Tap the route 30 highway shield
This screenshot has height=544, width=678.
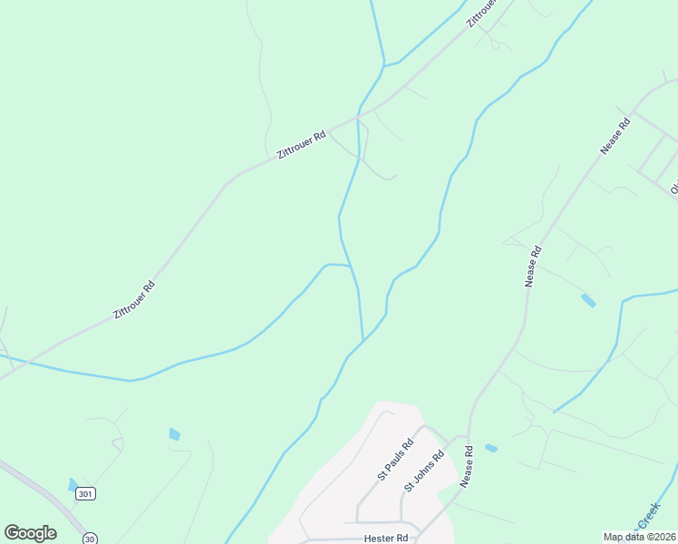click(90, 539)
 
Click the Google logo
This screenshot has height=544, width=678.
click(30, 533)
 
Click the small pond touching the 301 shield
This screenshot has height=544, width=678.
click(73, 485)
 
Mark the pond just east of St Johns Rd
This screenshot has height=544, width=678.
click(490, 448)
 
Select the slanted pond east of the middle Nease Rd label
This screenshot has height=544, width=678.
click(588, 300)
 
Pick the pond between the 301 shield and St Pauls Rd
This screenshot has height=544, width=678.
click(174, 434)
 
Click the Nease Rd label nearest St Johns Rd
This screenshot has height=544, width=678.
click(467, 467)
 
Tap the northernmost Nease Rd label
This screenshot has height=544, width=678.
click(615, 137)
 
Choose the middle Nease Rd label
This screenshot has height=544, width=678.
click(533, 267)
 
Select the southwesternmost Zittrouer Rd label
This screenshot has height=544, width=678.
click(134, 299)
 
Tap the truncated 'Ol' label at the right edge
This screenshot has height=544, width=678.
click(673, 188)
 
